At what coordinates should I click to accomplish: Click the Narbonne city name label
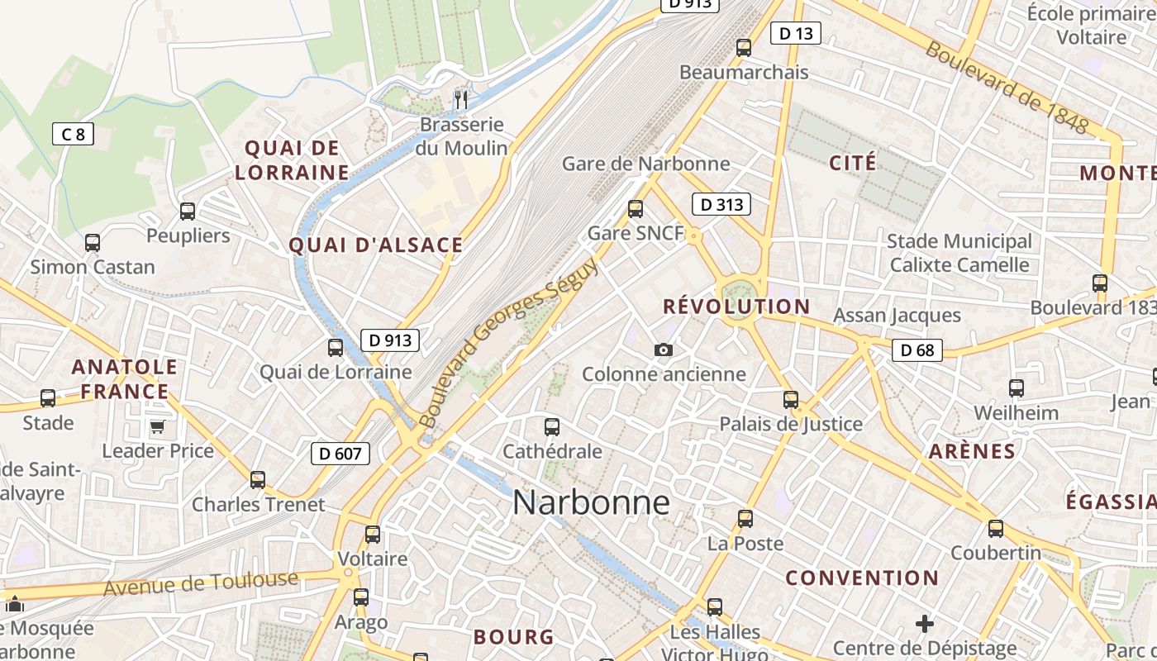591,502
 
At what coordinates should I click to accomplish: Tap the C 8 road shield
73,134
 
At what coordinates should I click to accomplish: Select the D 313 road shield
721,204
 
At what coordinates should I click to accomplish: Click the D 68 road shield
917,350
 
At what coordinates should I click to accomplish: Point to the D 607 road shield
340,453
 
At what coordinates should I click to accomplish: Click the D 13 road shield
796,33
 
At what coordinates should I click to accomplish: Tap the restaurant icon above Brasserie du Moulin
461,100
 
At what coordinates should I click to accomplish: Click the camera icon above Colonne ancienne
663,350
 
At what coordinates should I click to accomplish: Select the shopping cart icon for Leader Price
157,427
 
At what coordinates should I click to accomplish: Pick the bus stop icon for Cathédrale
552,427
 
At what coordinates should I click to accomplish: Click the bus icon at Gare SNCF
635,209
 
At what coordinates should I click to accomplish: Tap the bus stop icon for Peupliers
188,212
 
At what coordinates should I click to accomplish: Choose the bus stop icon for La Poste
745,519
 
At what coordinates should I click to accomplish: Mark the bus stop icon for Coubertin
996,529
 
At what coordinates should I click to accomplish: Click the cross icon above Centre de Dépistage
925,623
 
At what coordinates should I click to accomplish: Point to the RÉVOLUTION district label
736,307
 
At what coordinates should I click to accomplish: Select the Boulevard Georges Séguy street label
507,343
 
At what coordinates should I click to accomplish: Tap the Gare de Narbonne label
645,164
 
